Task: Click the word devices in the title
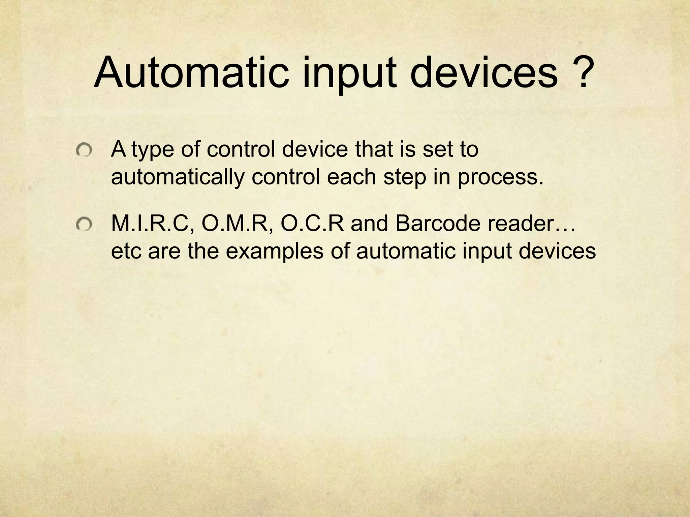483,73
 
